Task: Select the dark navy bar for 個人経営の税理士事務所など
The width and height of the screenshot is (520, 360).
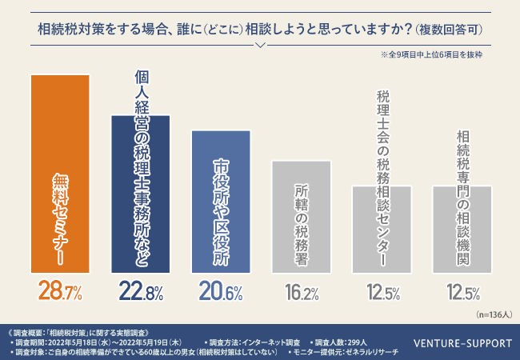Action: (x=141, y=192)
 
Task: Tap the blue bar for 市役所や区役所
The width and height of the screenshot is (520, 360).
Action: (x=222, y=200)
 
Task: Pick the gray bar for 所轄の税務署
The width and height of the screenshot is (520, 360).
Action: (x=302, y=215)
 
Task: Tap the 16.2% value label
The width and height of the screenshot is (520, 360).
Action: (x=302, y=292)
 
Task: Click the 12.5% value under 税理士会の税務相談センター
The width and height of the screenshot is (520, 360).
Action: (x=382, y=292)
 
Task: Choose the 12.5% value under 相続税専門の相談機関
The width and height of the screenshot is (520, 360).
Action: (x=462, y=292)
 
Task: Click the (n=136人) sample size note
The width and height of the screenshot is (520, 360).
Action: (x=489, y=315)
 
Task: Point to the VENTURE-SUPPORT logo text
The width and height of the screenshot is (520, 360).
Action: (x=462, y=344)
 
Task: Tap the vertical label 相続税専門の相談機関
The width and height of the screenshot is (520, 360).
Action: (x=462, y=199)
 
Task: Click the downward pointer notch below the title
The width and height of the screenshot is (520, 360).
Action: (x=259, y=44)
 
